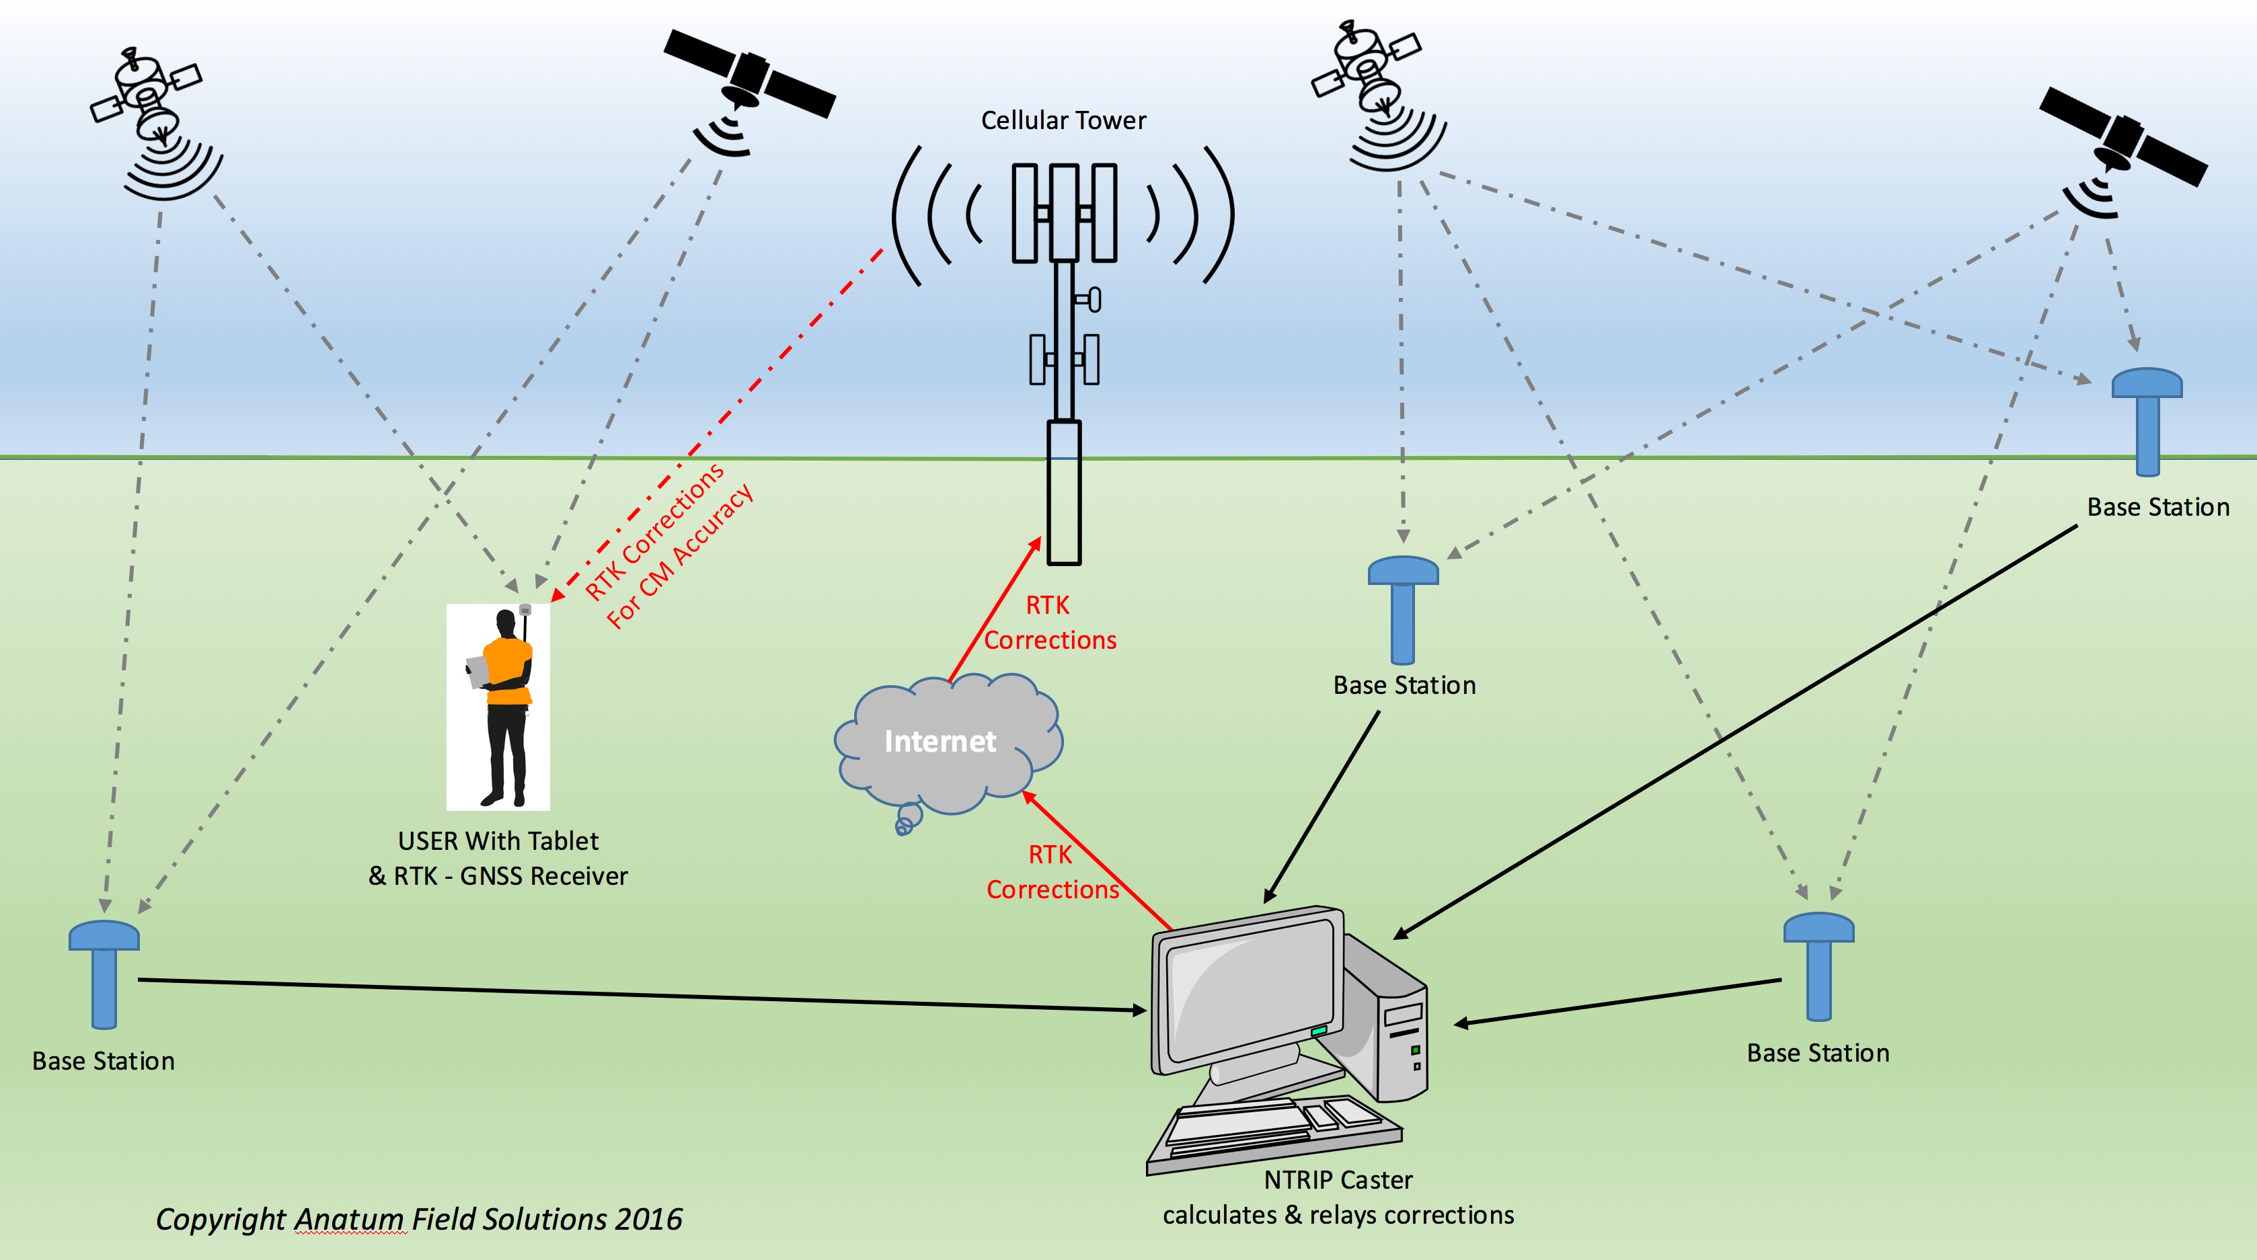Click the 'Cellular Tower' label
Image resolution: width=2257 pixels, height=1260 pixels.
point(1063,120)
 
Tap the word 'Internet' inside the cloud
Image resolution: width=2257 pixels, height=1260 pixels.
point(940,742)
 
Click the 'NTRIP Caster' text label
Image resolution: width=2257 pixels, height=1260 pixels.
point(1337,1179)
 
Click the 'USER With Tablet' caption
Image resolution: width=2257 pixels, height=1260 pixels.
point(498,841)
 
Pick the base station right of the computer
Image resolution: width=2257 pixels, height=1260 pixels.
point(1819,965)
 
